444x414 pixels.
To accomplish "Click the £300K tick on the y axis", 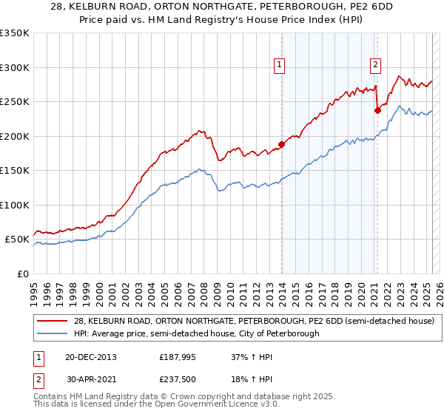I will pos(16,67).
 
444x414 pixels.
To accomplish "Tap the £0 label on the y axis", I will pos(23,274).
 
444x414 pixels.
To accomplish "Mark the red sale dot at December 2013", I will pos(281,144).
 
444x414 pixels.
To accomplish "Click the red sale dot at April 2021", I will pos(377,110).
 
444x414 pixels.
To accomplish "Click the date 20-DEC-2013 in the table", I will pos(91,356).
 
